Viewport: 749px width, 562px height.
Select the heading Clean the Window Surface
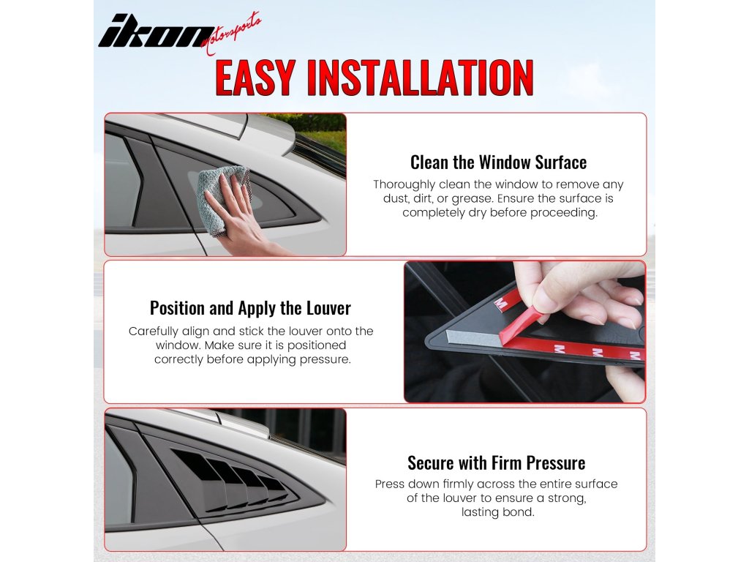pos(498,162)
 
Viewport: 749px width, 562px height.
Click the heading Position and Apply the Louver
pos(250,308)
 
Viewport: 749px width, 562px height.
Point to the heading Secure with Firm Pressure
pos(497,463)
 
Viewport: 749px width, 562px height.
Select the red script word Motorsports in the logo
pos(231,34)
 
